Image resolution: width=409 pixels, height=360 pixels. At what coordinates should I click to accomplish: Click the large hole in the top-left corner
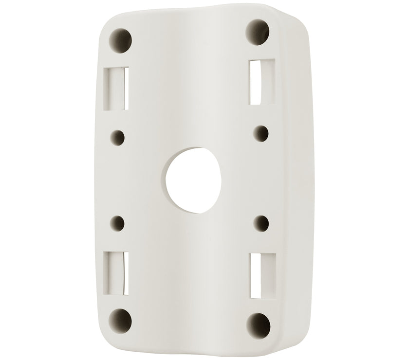pyautogui.click(x=121, y=38)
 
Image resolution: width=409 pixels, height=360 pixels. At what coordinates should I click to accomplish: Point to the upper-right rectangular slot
pyautogui.click(x=261, y=81)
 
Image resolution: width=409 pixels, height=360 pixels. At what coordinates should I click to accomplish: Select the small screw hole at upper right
pyautogui.click(x=261, y=132)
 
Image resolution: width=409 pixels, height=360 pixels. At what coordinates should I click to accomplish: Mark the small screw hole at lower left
pyautogui.click(x=118, y=224)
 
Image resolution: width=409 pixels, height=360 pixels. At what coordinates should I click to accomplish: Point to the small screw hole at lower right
pyautogui.click(x=261, y=224)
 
